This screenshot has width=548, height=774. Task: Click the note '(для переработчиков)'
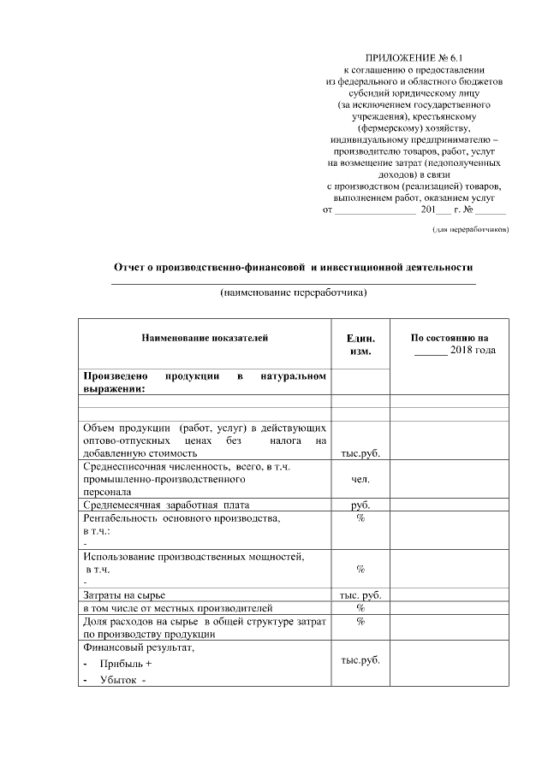(x=471, y=229)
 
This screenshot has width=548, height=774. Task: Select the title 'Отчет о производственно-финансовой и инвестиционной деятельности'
(x=294, y=267)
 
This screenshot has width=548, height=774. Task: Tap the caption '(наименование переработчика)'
(x=294, y=292)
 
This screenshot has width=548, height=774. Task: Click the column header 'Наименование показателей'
(x=205, y=338)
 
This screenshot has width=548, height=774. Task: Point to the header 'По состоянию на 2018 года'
(x=450, y=344)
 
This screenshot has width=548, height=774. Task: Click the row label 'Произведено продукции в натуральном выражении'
(x=204, y=382)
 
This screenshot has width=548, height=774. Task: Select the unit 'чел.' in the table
(x=360, y=480)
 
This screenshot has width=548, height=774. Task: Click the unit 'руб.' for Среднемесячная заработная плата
(x=360, y=505)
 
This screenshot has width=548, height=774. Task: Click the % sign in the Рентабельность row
(x=360, y=519)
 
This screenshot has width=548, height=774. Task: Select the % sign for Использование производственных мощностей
(x=360, y=569)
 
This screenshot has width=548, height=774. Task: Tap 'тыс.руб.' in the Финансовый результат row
(x=360, y=660)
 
